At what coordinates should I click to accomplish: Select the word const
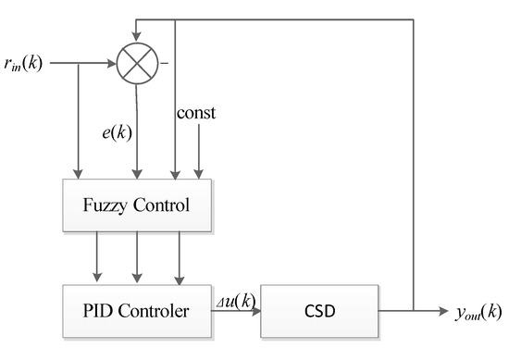[198, 113]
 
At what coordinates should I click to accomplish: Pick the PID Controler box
[137, 309]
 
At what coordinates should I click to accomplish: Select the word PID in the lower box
[92, 309]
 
